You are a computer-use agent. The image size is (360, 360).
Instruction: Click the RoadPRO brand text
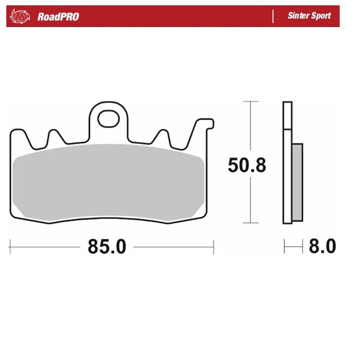tap(58, 17)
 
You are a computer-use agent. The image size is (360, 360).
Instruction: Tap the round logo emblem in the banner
tap(20, 16)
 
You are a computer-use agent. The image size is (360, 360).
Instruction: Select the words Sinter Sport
tap(309, 15)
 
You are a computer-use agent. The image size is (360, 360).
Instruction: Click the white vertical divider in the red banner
tap(273, 16)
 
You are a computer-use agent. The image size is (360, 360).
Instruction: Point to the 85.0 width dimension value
tap(107, 247)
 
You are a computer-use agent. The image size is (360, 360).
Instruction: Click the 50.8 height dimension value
tap(247, 165)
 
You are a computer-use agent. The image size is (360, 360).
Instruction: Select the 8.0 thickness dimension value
tap(322, 246)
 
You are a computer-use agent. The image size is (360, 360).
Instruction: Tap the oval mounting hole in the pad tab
tap(108, 119)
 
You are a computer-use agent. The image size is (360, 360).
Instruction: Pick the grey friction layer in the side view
tap(298, 182)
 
